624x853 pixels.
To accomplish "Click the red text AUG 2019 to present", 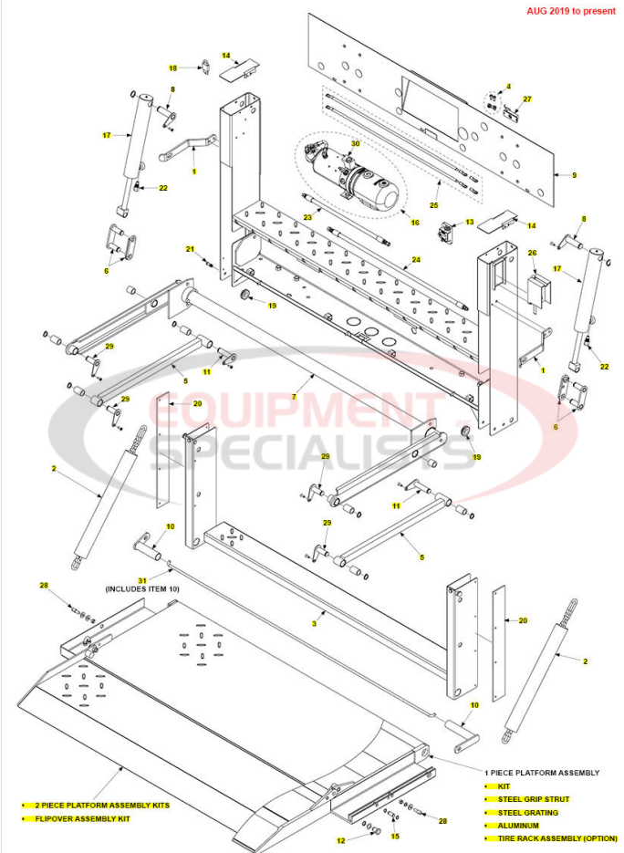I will [571, 12].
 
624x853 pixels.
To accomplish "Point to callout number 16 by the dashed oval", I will [415, 222].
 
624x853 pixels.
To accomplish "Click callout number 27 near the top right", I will [526, 99].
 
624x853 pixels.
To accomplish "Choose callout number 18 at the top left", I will [172, 68].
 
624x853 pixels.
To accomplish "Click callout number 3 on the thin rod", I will [313, 624].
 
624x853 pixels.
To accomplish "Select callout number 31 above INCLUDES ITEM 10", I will [141, 579].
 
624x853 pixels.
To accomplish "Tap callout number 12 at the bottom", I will [340, 840].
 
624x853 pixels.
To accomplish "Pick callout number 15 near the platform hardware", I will [395, 836].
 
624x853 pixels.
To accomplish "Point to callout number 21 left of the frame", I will [191, 249].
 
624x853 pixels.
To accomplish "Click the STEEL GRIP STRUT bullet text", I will [533, 798].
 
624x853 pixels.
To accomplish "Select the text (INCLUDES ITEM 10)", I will [142, 590].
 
